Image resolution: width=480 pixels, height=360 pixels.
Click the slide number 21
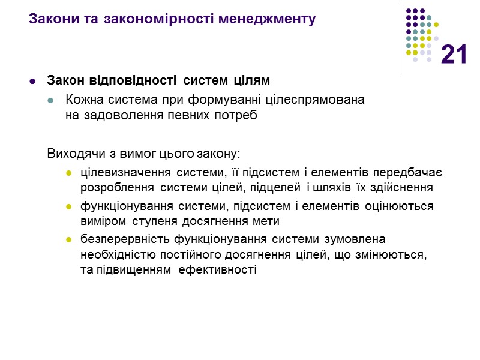coord(454,55)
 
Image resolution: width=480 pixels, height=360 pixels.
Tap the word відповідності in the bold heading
coord(126,81)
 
